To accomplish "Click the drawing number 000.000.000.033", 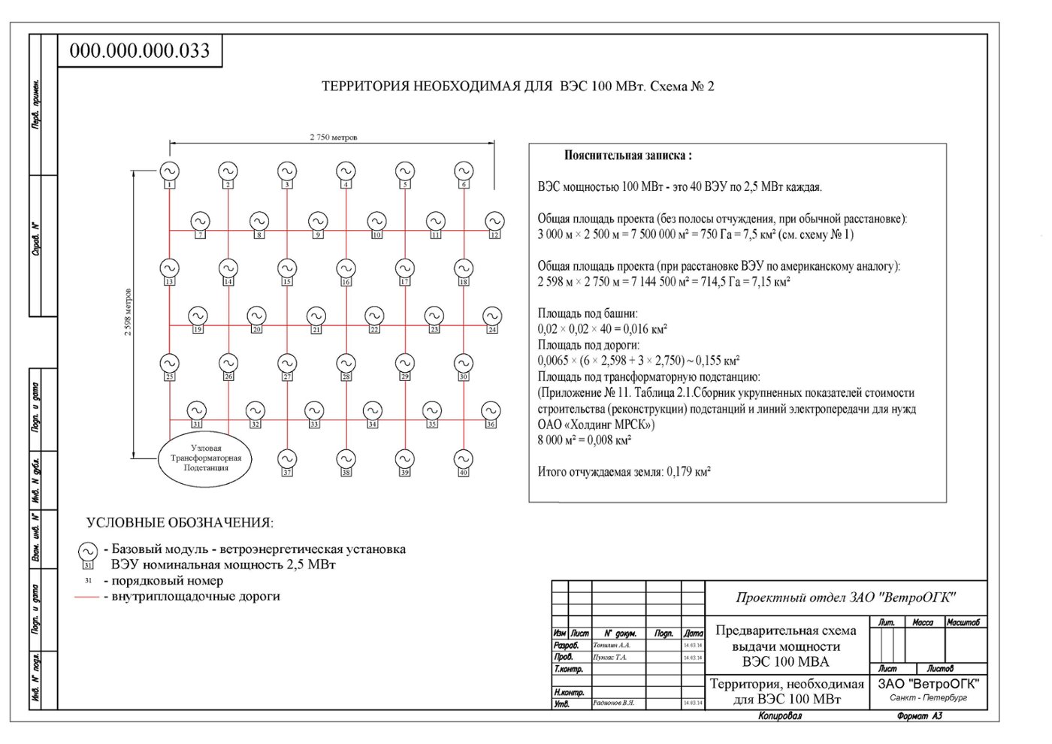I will coord(140,51).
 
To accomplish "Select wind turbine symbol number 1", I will coord(169,172).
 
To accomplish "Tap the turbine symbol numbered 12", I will coord(494,222).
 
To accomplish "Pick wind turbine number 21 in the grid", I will coord(316,316).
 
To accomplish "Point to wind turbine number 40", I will coord(464,458).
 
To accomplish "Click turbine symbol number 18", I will coord(464,268).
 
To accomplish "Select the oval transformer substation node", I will coord(205,458).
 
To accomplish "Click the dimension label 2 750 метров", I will coord(334,137).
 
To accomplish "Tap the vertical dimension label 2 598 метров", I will coord(128,312).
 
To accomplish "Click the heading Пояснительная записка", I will coord(627,156).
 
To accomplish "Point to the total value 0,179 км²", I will coord(688,472).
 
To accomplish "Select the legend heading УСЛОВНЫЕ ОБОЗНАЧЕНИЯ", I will coord(180,522).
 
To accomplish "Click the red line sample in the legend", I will coord(87,597).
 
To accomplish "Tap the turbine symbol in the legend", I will coord(88,552).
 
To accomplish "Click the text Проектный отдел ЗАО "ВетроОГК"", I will coord(845,597).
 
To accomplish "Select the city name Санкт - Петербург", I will coord(928,697).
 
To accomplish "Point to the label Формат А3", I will coord(919,716).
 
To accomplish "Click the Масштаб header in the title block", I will coord(963,622).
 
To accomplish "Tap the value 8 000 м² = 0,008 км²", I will coord(584,440).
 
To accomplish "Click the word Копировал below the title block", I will coord(779,716).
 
